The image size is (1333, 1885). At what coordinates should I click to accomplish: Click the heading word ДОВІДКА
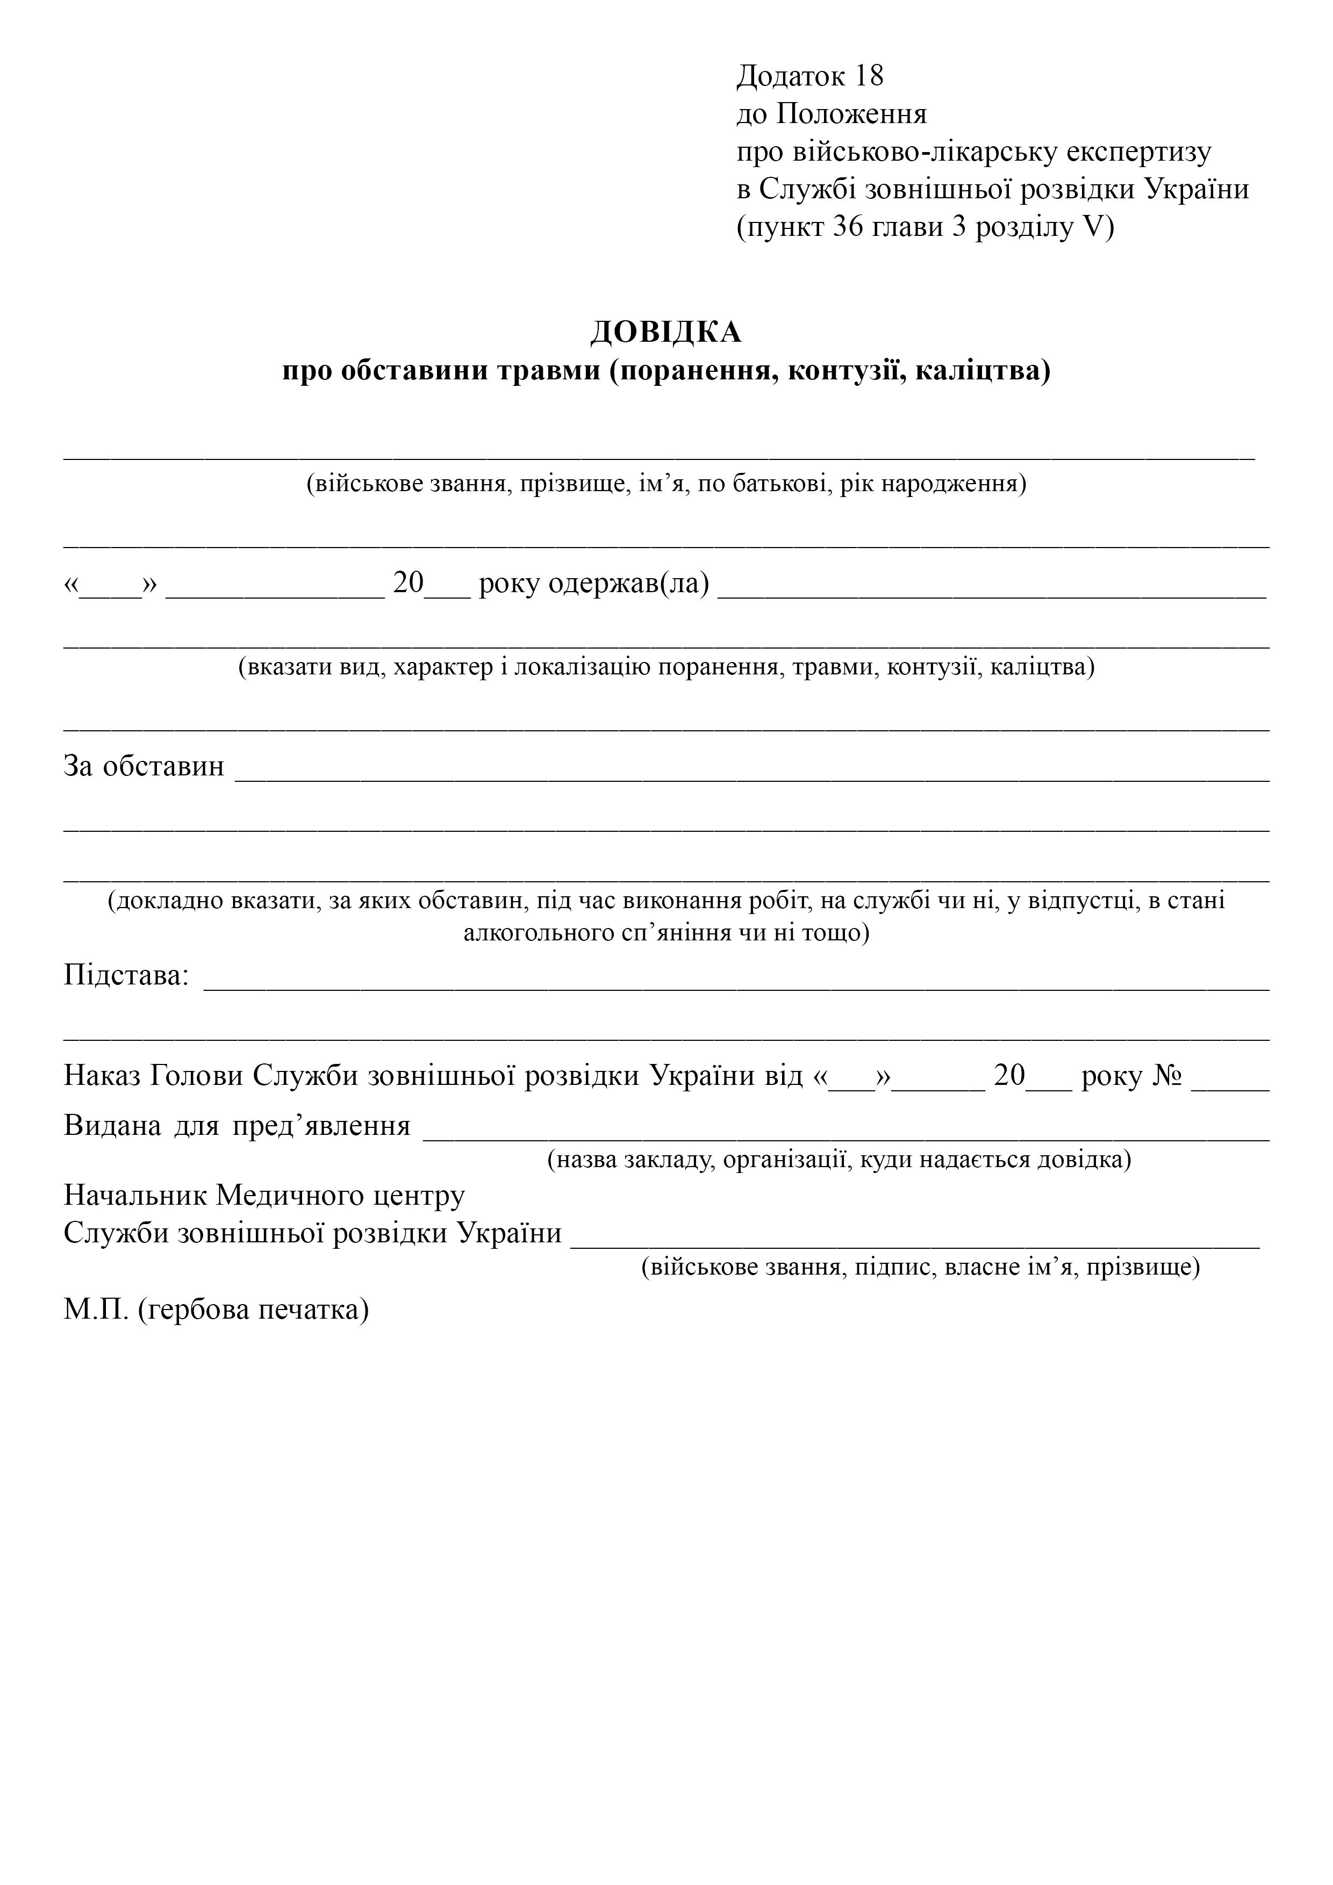[x=665, y=333]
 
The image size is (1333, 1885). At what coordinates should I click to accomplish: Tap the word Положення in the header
[x=852, y=114]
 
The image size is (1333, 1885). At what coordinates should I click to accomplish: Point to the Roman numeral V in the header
[x=1094, y=227]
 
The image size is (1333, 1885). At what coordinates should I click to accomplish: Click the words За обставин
[x=144, y=766]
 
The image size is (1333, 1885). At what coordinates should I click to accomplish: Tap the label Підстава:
[x=126, y=975]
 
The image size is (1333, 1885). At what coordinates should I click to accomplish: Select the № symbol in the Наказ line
[x=1167, y=1076]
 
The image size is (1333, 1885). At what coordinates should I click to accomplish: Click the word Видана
[x=112, y=1125]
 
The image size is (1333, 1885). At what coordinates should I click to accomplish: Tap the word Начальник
[x=135, y=1196]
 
